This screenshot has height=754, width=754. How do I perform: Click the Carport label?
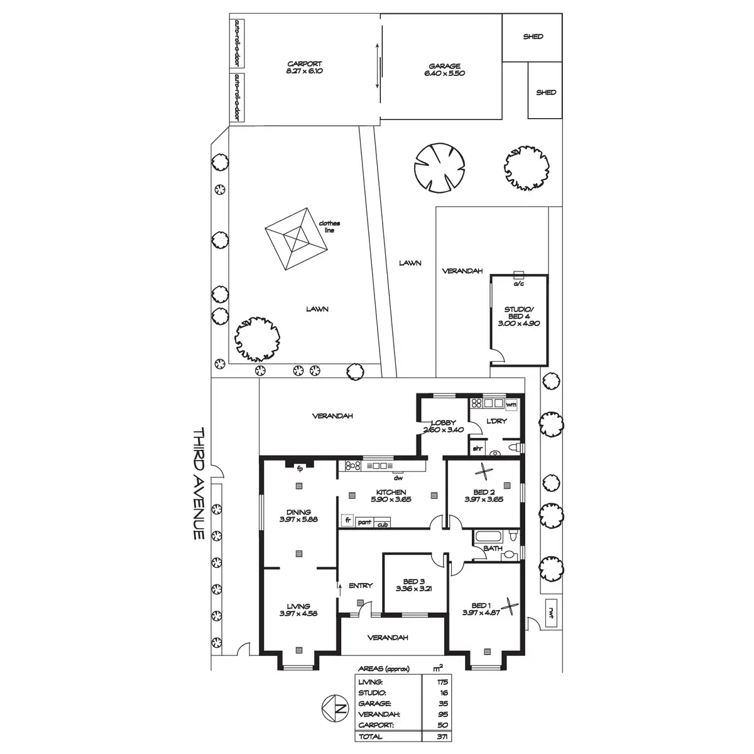(305, 68)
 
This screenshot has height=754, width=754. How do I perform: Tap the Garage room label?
(444, 70)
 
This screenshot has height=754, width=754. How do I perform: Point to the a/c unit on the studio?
(519, 275)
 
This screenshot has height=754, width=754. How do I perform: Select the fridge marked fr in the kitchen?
(346, 520)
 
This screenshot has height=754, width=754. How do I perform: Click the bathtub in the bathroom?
(489, 537)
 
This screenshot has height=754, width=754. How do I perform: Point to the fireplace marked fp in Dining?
(300, 466)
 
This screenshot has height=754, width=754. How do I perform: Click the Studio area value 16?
(444, 692)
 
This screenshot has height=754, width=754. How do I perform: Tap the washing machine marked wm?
(511, 405)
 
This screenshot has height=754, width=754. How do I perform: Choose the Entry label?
(361, 586)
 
